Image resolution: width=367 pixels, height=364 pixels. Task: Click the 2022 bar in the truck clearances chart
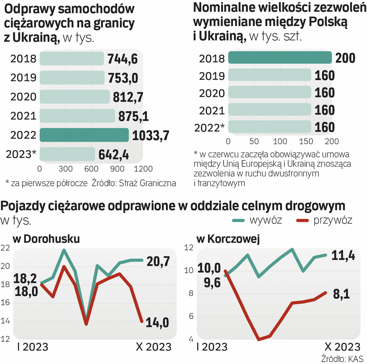point(84,135)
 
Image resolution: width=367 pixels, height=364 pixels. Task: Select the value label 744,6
point(123,59)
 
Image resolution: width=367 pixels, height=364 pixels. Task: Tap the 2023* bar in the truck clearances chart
point(67,154)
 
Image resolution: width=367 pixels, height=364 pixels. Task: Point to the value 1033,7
point(150,135)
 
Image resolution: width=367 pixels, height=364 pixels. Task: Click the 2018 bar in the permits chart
point(280,58)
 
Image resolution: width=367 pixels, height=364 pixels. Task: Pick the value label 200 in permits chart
point(345,58)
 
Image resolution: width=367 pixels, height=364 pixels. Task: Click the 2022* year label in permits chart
point(209,128)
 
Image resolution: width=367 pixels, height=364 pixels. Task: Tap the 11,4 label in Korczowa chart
point(343,256)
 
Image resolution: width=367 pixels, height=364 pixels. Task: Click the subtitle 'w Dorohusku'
point(46,239)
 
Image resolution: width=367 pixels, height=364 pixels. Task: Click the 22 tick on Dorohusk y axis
point(5,248)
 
